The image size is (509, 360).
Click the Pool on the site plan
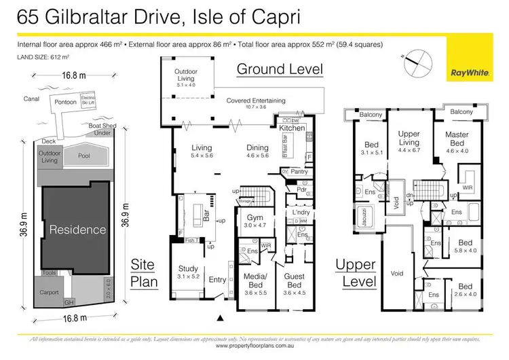(x=84, y=156)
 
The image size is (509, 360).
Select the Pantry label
(x=299, y=173)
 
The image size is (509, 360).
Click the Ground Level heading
(x=279, y=69)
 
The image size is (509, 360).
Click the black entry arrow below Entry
(x=219, y=317)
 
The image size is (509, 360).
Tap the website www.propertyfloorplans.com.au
(x=254, y=345)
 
